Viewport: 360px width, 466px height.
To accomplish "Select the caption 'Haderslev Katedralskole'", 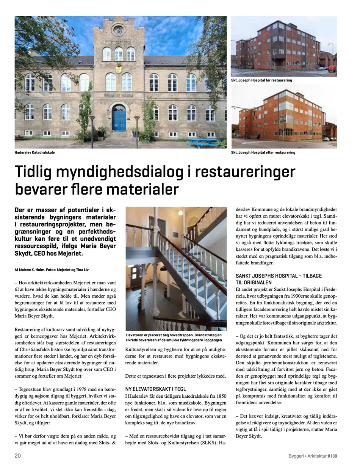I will (x=34, y=152).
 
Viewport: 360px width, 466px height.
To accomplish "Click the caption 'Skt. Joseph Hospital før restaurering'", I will (x=261, y=80).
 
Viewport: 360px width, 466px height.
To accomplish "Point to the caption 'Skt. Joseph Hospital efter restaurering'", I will (x=263, y=152).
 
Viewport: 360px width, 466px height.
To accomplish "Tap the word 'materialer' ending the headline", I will (x=142, y=189).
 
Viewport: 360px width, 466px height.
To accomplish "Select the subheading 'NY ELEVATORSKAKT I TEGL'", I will (x=155, y=389).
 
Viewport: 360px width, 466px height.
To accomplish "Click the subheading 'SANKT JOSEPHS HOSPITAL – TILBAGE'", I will (x=279, y=276).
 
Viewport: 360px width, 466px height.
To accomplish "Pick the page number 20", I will (x=18, y=456).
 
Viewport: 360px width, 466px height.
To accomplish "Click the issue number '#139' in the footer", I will (x=332, y=456).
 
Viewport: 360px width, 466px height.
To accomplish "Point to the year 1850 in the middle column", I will (x=219, y=396).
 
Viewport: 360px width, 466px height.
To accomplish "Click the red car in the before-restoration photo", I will (x=332, y=68).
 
